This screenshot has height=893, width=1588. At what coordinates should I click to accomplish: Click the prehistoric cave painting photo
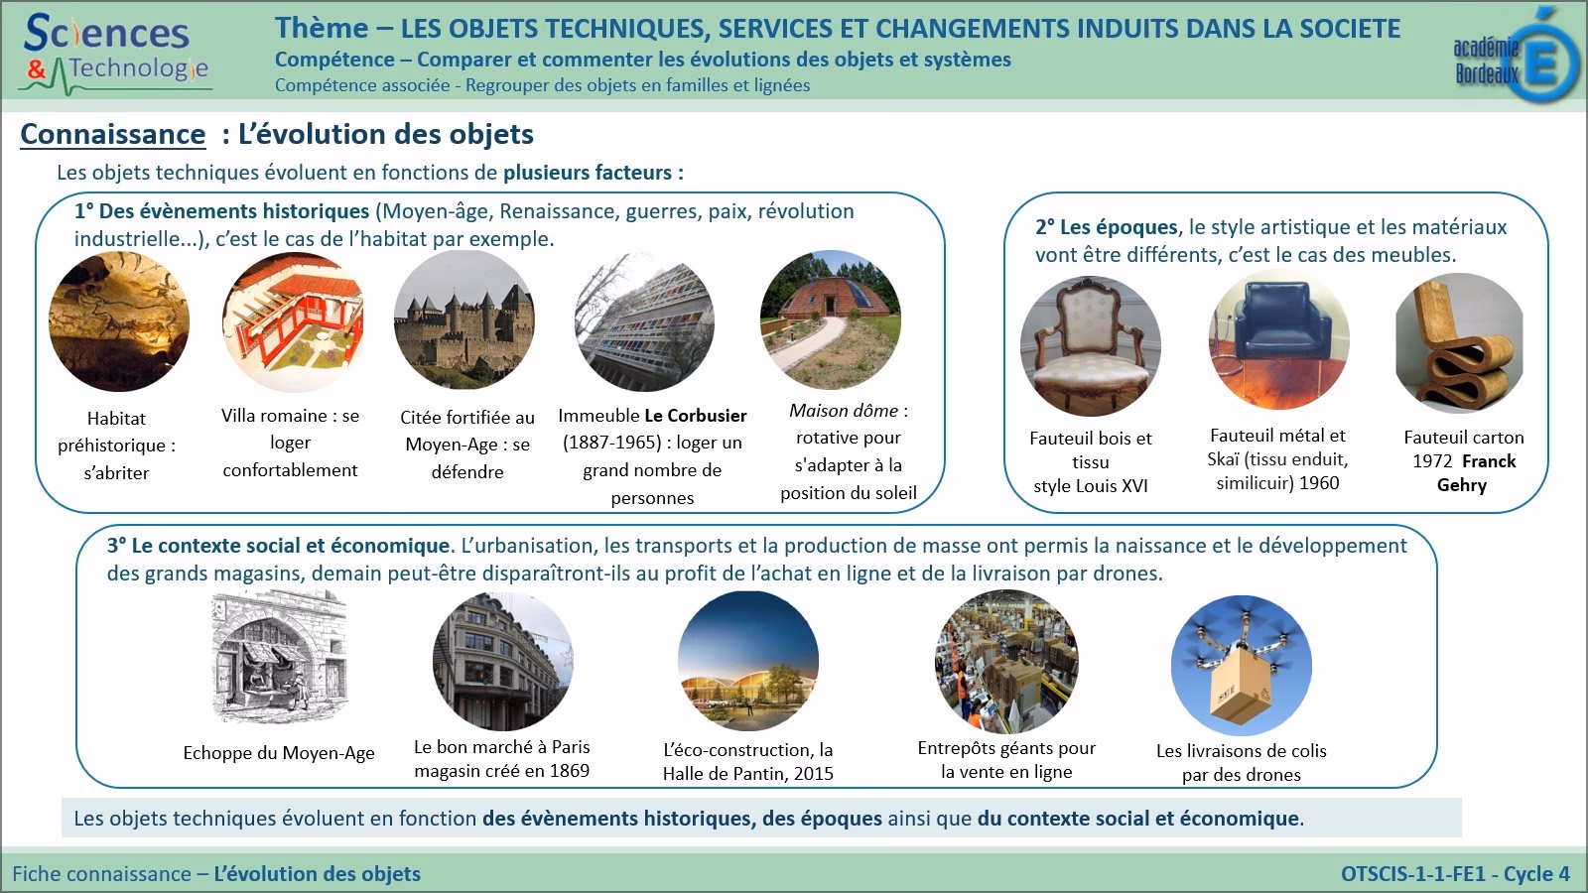[x=118, y=321]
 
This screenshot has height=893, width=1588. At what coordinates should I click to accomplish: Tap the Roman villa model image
[x=293, y=322]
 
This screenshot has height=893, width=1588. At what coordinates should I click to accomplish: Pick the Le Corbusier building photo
[x=644, y=322]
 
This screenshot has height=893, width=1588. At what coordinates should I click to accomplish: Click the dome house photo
[x=831, y=320]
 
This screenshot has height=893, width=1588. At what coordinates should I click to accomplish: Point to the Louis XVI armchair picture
[x=1090, y=346]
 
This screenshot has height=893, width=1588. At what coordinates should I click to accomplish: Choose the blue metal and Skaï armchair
[x=1278, y=340]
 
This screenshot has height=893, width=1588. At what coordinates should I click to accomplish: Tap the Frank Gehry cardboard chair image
[x=1459, y=344]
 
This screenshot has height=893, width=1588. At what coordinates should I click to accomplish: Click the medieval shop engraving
[x=279, y=658]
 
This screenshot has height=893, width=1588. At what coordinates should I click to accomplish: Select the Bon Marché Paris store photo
[x=503, y=661]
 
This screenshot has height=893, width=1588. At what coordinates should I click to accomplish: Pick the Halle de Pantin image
[x=748, y=662]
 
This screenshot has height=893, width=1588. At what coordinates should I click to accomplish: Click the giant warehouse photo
[x=1006, y=660]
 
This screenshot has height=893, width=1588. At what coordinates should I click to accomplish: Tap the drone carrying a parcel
[x=1241, y=666]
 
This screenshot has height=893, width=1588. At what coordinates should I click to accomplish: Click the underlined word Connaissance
[x=113, y=135]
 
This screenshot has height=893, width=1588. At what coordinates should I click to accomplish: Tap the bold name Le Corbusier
[x=696, y=416]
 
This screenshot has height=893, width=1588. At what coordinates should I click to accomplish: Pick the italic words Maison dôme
[x=844, y=411]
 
